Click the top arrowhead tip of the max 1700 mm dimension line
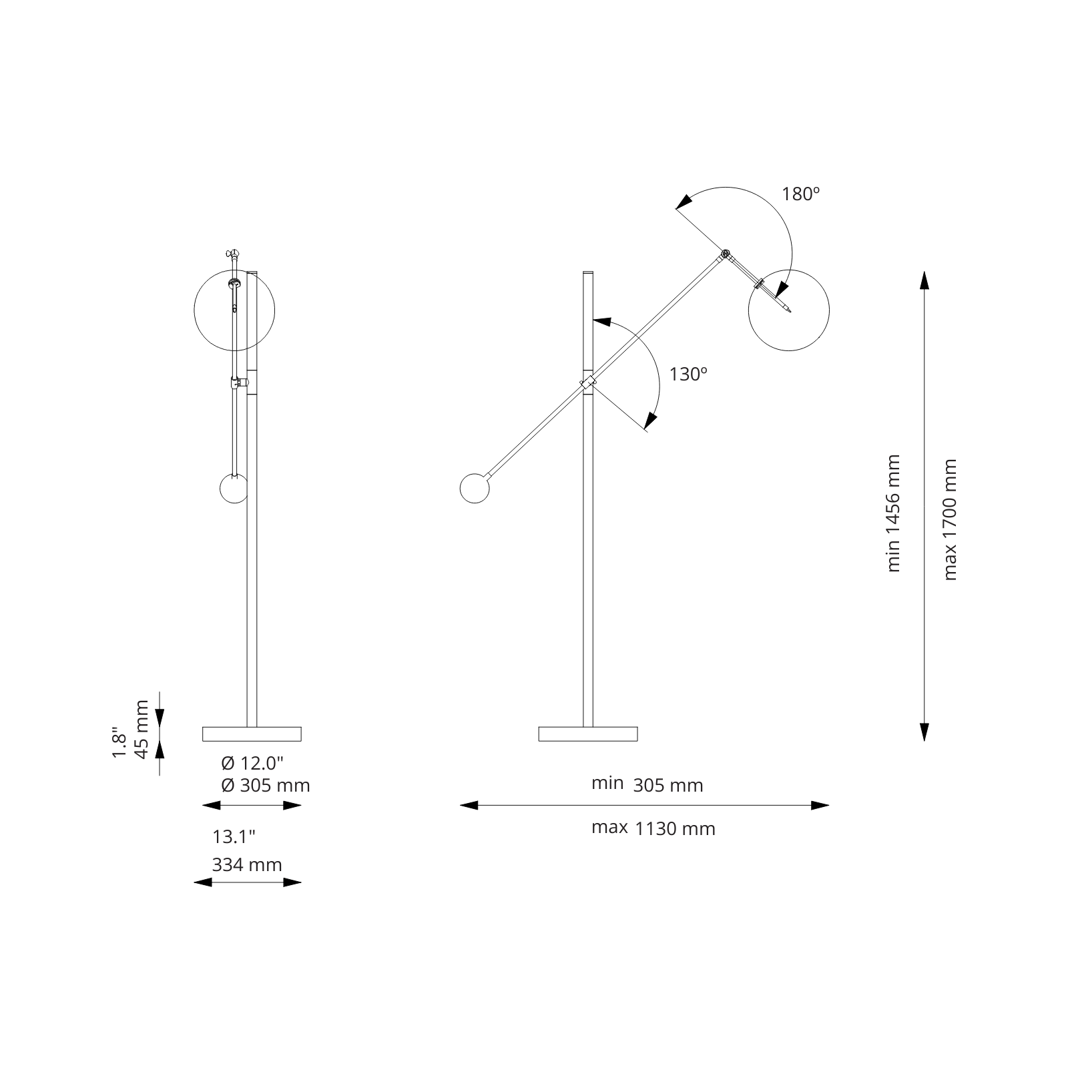[924, 271]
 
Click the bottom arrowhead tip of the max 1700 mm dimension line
[924, 741]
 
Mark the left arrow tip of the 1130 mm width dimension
[460, 805]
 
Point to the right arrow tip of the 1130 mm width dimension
[829, 805]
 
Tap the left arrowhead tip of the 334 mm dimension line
[194, 882]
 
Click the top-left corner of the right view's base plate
[539, 727]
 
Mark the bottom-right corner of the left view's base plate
[301, 741]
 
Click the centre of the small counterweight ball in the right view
[475, 489]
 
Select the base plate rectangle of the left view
[252, 734]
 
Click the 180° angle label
[801, 194]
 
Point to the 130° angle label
[688, 374]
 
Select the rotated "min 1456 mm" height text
[893, 513]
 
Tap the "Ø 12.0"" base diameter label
[252, 763]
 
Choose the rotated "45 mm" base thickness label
[141, 729]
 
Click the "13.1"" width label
[234, 836]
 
